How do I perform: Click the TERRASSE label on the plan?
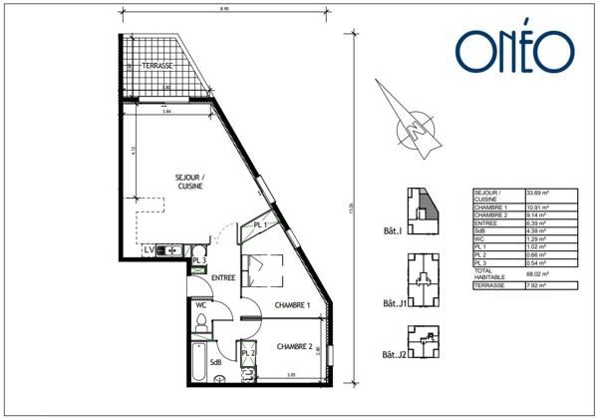coord(157,65)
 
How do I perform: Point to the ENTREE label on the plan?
coord(222,278)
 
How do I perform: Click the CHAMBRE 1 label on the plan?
coord(293,305)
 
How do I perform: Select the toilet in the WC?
coord(201,322)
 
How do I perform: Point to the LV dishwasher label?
coord(149,248)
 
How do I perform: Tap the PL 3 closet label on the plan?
coord(199,261)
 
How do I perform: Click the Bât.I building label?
coord(393,231)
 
